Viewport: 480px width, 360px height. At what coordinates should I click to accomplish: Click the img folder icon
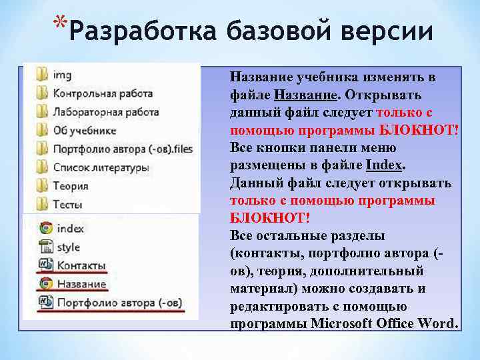point(43,74)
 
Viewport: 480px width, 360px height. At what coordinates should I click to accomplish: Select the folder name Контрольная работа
point(103,93)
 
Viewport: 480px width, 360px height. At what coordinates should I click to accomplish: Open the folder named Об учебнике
point(85,130)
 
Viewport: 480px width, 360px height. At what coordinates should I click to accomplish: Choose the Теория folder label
point(71,185)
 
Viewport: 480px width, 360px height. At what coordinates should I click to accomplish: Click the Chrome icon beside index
point(45,228)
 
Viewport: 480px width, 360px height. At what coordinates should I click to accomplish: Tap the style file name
point(68,247)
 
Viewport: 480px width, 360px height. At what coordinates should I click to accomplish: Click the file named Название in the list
point(81,284)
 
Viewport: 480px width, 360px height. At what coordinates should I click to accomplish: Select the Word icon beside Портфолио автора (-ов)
point(45,302)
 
